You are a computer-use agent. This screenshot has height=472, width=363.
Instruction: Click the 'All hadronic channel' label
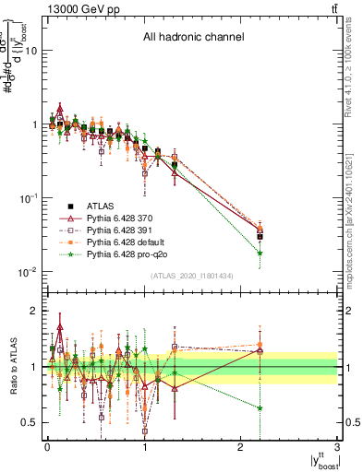193,38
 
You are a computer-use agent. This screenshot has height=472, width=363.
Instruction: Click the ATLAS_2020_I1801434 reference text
192,276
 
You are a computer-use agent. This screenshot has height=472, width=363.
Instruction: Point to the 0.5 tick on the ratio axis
30,422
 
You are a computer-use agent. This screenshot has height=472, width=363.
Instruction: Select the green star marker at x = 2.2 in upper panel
260,253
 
